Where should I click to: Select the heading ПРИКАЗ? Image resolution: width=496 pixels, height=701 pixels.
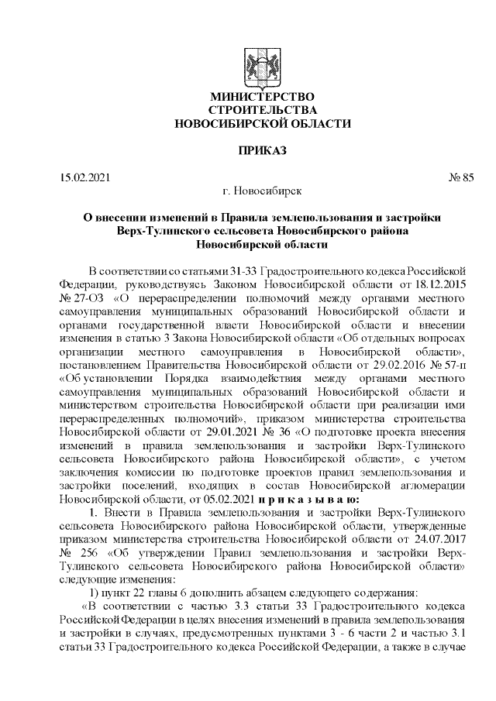263,149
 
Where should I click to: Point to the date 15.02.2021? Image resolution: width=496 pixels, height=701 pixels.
85,177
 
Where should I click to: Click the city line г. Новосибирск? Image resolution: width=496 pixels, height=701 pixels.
262,190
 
